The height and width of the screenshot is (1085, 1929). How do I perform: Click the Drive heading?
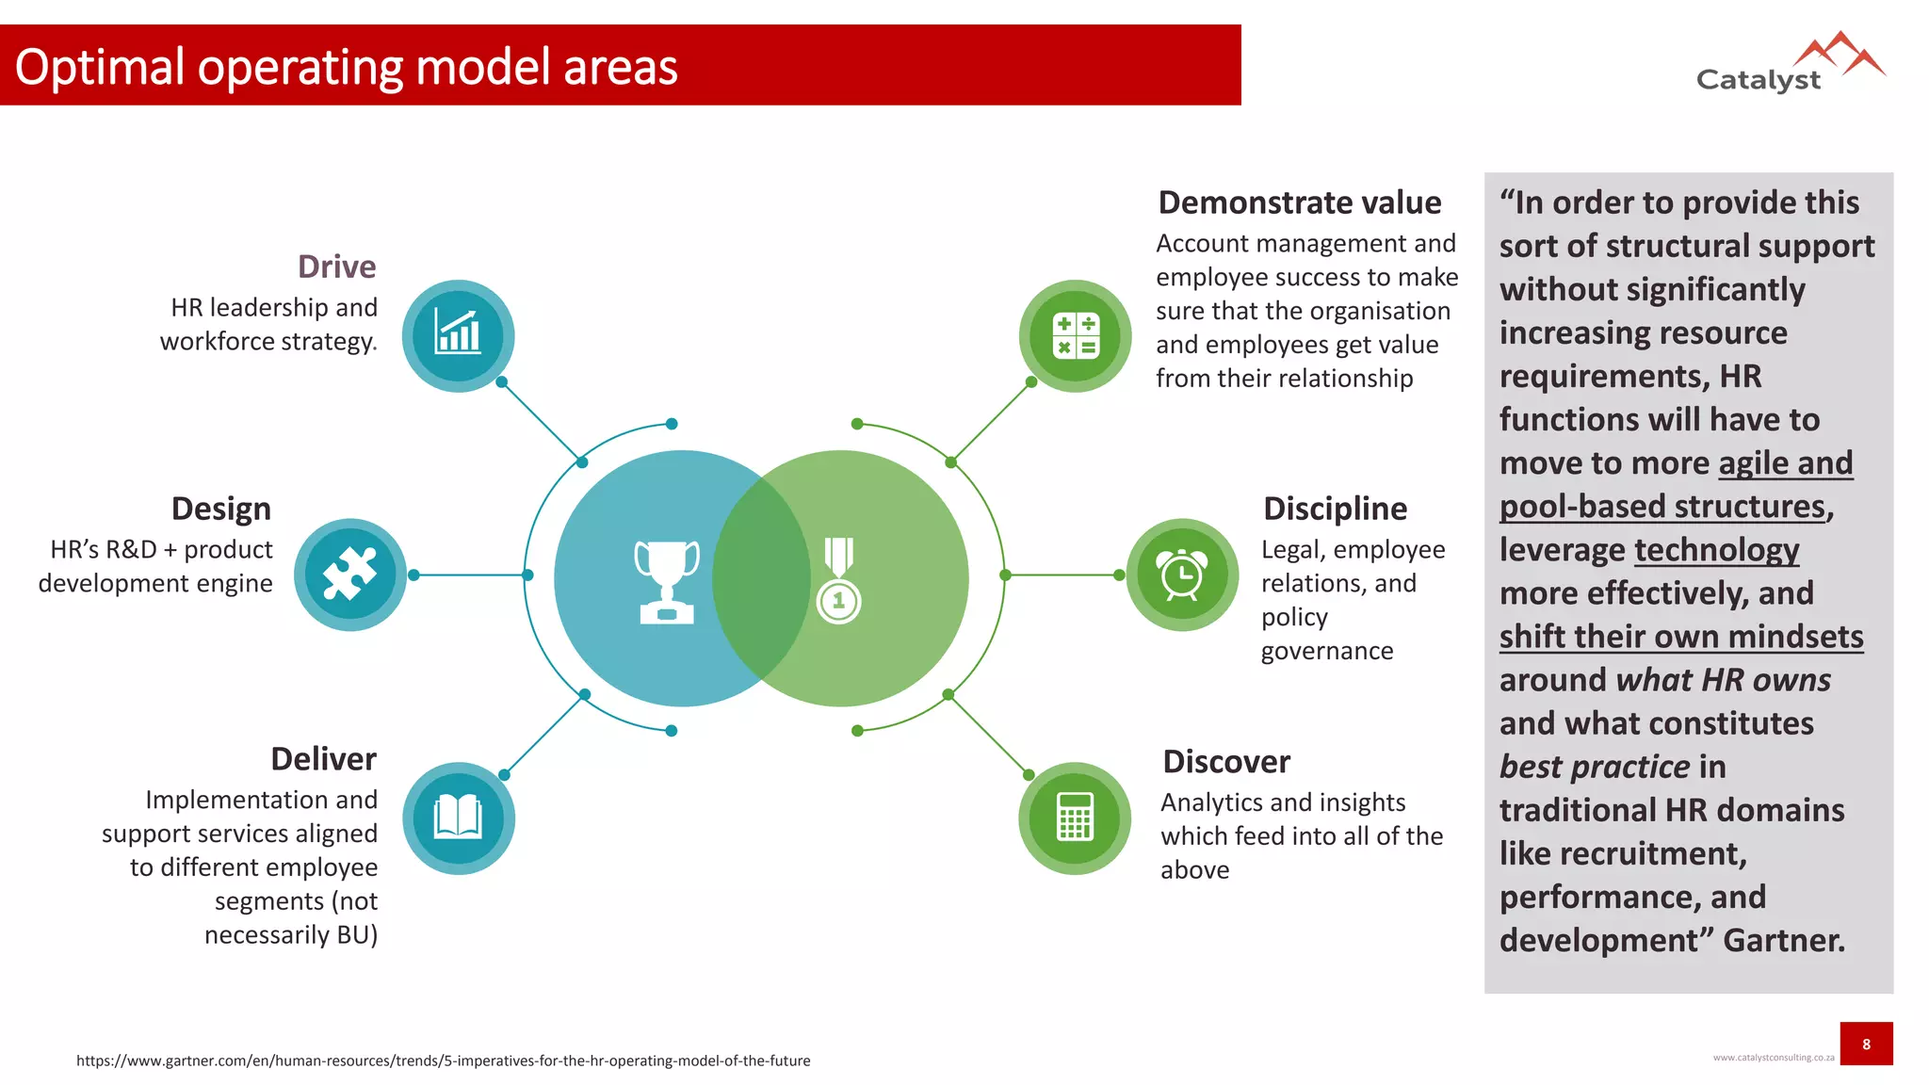click(336, 267)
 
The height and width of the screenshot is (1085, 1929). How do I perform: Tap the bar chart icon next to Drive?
click(458, 335)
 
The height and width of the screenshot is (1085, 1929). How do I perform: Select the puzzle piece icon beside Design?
click(349, 574)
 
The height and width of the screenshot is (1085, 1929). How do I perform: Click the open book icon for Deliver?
click(458, 818)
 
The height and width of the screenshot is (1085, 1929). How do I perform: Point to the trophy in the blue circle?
click(667, 581)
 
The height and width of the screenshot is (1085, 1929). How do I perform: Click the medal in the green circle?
click(838, 580)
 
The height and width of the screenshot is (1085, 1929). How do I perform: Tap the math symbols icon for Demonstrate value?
click(1076, 335)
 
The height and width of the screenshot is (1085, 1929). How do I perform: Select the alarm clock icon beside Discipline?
click(1182, 574)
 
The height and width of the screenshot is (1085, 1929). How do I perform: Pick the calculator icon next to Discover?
click(1075, 818)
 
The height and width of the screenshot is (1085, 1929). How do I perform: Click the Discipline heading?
click(1335, 509)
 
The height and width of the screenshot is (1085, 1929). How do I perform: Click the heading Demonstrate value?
click(1299, 202)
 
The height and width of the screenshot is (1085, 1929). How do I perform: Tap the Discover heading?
click(1225, 761)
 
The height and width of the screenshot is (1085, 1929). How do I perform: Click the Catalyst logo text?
click(1758, 79)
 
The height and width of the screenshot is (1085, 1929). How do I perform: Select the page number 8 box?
click(1866, 1044)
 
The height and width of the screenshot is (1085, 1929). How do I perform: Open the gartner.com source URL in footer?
click(443, 1061)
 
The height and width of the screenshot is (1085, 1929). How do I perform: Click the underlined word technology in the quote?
click(1716, 550)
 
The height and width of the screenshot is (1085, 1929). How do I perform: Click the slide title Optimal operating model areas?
click(347, 67)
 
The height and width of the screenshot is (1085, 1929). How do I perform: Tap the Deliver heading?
click(323, 758)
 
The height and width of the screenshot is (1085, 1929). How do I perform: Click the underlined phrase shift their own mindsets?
click(1681, 637)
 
